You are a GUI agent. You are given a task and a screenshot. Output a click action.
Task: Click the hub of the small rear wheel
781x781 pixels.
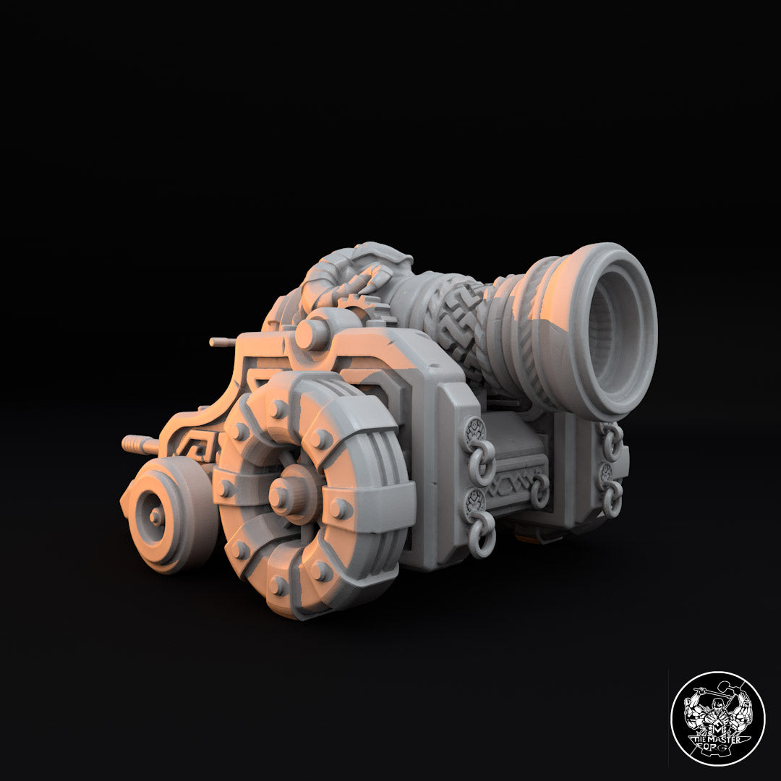coord(153,514)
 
